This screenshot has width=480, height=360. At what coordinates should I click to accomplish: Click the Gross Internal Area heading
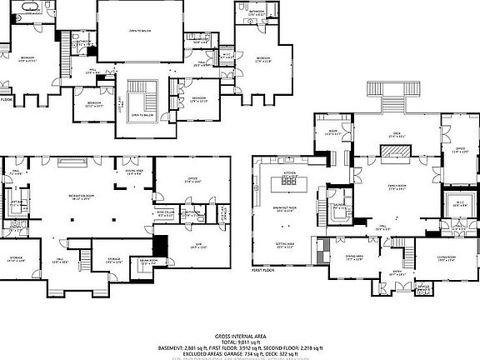point(239,332)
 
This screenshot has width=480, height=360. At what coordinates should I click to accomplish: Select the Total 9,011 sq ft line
point(239,337)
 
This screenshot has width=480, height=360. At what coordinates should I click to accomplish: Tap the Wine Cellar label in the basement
point(167,214)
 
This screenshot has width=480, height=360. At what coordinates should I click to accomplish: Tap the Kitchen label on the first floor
point(290,173)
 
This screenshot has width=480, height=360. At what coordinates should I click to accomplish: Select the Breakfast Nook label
point(292,210)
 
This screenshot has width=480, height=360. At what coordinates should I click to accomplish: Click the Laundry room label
point(339,205)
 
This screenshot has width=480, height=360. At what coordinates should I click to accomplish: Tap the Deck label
point(396,133)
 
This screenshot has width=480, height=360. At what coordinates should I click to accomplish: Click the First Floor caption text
point(264,270)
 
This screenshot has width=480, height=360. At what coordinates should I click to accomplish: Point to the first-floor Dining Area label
point(354,257)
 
